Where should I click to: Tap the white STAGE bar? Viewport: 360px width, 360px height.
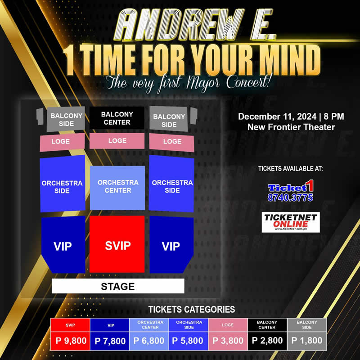118,286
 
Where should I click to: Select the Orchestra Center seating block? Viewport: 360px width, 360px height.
117,187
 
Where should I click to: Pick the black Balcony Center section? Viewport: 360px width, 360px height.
117,118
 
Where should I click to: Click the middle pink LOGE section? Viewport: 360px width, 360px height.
117,141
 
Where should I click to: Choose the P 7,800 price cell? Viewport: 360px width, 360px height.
109,341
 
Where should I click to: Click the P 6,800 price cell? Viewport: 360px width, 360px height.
149,341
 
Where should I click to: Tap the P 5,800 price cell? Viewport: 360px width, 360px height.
189,341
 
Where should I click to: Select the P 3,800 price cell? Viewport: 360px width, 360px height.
228,341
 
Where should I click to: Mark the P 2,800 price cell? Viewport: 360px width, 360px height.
267,341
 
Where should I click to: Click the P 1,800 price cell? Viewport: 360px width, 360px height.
307,341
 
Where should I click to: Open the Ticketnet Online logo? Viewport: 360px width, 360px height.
291,222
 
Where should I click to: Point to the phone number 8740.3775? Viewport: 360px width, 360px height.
290,198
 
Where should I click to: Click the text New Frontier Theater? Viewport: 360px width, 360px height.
291,127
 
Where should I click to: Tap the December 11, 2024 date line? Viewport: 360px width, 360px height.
291,117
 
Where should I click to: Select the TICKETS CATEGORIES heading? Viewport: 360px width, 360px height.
192,310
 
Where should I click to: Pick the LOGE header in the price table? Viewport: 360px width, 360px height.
228,324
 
